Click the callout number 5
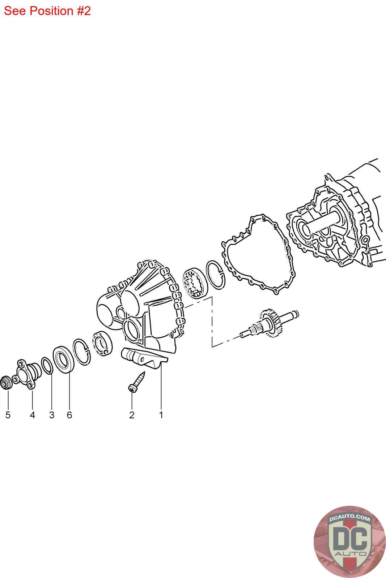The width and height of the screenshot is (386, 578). [8, 415]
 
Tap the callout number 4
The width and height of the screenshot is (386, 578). [32, 415]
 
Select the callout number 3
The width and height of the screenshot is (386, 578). [52, 415]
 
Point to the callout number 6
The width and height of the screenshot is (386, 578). [69, 415]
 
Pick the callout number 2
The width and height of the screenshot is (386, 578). [132, 415]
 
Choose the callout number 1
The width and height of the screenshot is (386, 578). [161, 415]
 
